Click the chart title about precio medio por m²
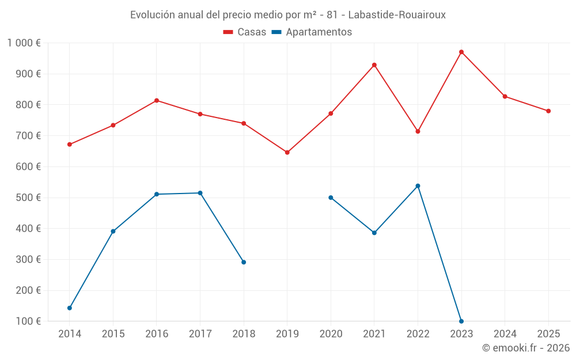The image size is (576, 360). pos(287,15)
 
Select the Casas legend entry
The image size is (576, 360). pos(245,32)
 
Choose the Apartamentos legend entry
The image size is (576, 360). pos(312,32)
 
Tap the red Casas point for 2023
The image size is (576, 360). pos(461,52)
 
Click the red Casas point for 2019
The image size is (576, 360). pos(287,153)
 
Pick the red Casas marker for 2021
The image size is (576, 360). pos(374,65)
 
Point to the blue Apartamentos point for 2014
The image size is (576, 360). pos(70,308)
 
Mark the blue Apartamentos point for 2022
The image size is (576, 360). pos(418,186)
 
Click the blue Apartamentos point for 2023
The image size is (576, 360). pos(461,321)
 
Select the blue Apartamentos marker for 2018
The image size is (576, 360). pos(244,262)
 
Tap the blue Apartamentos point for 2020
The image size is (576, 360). pos(331,198)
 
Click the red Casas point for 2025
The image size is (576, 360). pos(548,111)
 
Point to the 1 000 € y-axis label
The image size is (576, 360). pos(24,43)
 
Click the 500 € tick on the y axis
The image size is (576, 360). pos(29,198)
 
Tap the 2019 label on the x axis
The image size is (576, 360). pos(287,334)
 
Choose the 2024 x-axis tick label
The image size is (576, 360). pos(505,334)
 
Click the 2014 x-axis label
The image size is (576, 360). pos(70,334)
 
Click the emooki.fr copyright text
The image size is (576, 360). pos(525,348)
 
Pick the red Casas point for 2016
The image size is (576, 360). pos(157,101)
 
